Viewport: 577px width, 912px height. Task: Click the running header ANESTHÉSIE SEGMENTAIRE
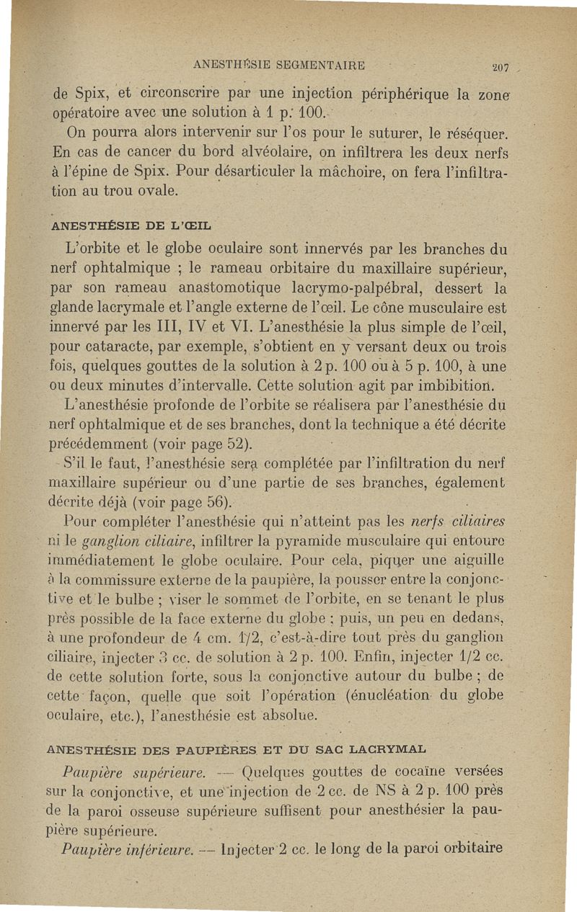[x=279, y=65]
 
